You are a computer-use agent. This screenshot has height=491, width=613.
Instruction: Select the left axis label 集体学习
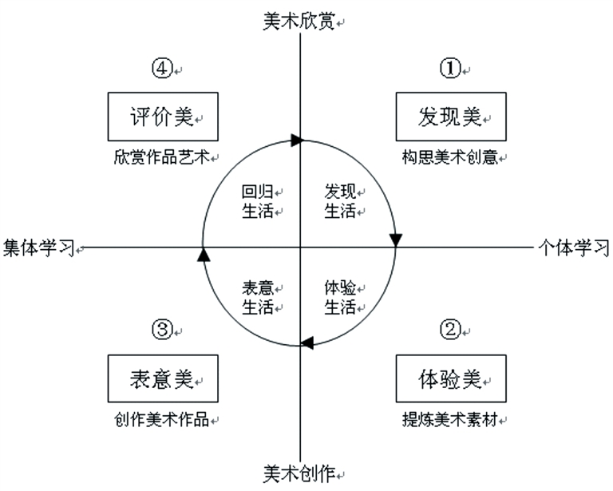(38, 247)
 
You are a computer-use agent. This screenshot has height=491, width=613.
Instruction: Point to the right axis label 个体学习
(573, 247)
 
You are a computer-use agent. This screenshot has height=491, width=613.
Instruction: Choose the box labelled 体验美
(450, 378)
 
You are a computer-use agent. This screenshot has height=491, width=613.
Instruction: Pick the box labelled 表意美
(162, 378)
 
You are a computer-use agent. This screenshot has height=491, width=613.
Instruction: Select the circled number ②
(451, 329)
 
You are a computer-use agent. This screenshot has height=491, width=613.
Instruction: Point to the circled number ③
(162, 329)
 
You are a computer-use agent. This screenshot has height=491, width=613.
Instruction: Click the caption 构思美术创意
(450, 157)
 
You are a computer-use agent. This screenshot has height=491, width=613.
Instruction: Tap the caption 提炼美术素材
(450, 419)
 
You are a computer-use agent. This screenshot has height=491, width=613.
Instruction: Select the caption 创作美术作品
(161, 419)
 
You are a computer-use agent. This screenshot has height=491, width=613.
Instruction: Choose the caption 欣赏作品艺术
(161, 157)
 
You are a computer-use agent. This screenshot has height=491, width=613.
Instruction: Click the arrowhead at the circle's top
(297, 141)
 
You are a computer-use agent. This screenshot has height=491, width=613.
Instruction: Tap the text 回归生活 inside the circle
(258, 201)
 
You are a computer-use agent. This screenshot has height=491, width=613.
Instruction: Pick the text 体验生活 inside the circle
(340, 297)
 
